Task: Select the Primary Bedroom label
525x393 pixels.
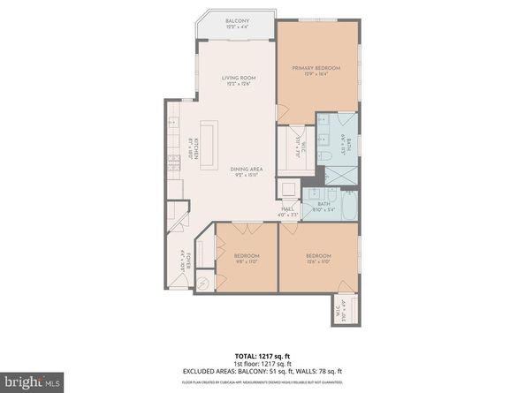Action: point(316,72)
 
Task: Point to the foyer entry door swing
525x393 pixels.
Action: point(181,282)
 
